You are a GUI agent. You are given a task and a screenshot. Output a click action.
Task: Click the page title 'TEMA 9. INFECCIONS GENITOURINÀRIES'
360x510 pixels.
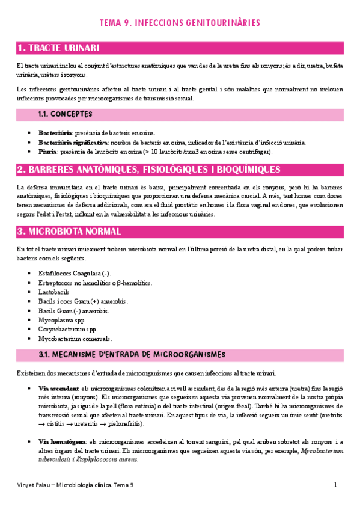pos(180,23)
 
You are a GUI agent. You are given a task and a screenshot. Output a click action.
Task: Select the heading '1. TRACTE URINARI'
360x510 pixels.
pos(58,48)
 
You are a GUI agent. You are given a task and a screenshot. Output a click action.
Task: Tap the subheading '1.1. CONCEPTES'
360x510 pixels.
pos(65,114)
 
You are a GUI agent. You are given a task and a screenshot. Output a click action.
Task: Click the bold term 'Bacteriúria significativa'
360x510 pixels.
pos(73,143)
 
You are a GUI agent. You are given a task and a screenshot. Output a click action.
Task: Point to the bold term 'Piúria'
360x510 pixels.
pos(47,152)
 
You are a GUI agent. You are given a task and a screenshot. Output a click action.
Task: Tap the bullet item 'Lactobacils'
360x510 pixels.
pos(55,292)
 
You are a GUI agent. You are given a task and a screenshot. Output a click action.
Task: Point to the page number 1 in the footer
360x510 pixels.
pos(335,485)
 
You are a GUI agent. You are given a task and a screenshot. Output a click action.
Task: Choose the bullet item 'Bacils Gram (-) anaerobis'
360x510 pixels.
pos(73,311)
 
